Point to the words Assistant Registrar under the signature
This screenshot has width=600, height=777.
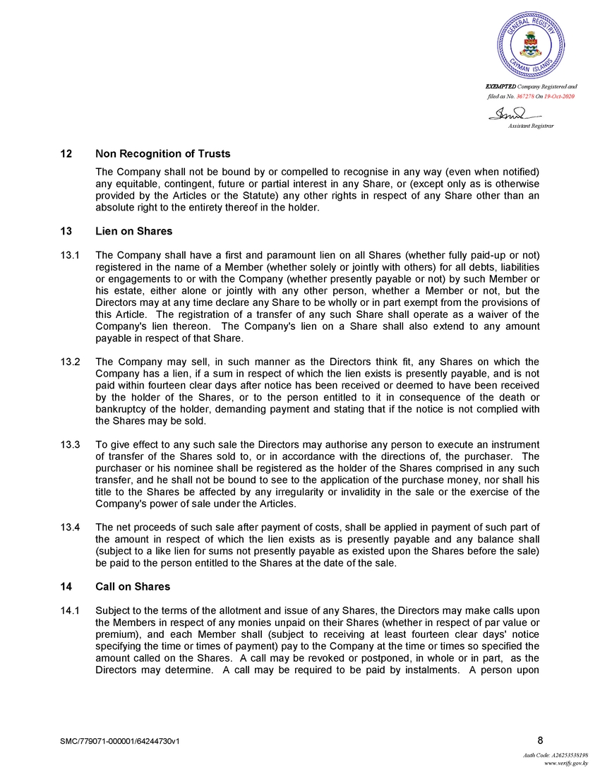[x=531, y=125]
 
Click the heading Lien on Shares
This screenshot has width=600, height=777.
[x=133, y=231]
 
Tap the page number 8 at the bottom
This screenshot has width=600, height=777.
[x=540, y=740]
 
